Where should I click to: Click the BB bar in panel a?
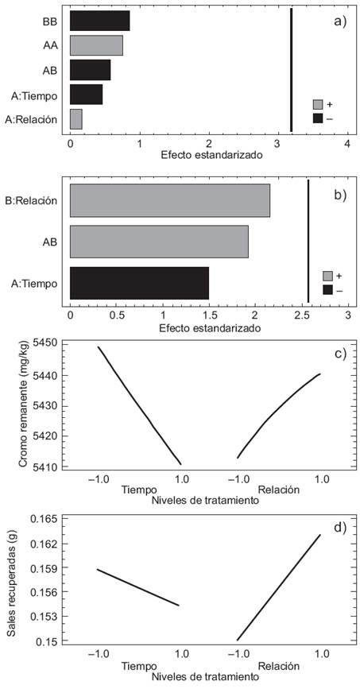(x=99, y=21)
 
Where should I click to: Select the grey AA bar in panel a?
(x=96, y=45)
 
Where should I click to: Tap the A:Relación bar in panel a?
(x=75, y=119)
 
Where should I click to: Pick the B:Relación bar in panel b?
(x=169, y=200)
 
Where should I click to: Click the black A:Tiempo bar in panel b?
(x=139, y=283)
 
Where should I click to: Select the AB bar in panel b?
(x=159, y=242)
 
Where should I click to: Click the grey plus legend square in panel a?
(x=318, y=104)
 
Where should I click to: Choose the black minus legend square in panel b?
(x=327, y=290)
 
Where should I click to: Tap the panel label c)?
(x=339, y=353)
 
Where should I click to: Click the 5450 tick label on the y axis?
(x=50, y=343)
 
